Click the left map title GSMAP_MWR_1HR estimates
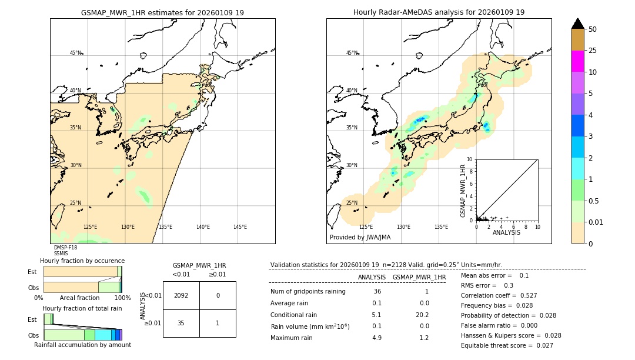click(162, 12)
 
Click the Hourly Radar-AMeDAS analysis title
click(439, 12)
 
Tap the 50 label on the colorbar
click(593, 29)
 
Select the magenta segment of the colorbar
click(577, 61)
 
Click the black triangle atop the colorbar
click(577, 24)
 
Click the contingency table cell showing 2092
click(181, 295)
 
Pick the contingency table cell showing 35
click(181, 323)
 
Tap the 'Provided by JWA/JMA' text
click(360, 238)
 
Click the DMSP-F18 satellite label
click(65, 248)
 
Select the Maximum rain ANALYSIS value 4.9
click(376, 338)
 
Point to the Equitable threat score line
click(507, 346)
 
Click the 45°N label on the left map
click(75, 53)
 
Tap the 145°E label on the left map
click(240, 227)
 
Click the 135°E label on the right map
click(441, 227)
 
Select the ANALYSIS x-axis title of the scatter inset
click(506, 232)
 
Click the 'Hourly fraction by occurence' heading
click(82, 261)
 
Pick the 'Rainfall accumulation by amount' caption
click(82, 345)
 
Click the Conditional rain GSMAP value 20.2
click(420, 315)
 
